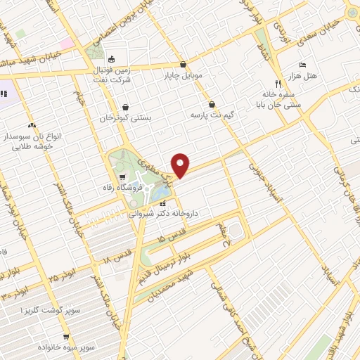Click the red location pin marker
click(x=181, y=165)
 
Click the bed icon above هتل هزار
click(x=302, y=65)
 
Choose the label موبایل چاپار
click(x=184, y=75)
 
